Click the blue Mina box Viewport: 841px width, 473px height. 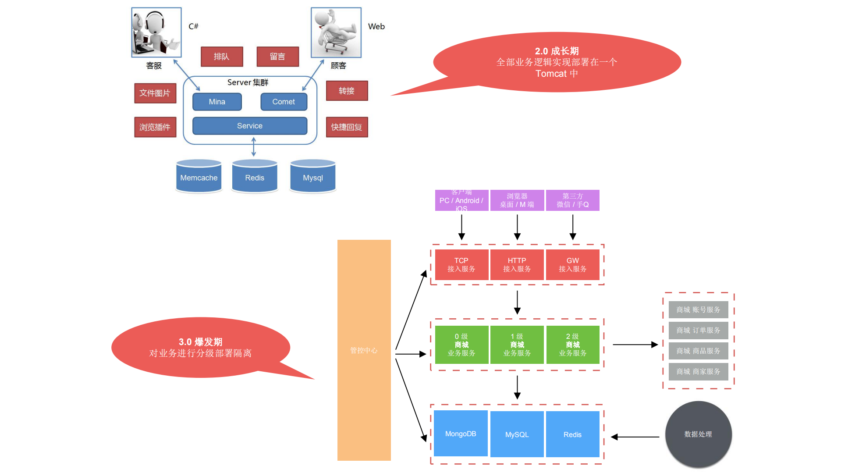pos(217,102)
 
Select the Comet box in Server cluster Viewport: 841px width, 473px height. pos(284,102)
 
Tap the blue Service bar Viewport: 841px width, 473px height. pos(249,126)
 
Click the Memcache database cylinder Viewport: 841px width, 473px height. pos(199,177)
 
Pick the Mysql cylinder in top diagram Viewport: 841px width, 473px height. pos(312,177)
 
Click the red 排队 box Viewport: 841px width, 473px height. pos(222,57)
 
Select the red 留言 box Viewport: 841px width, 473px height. pos(277,57)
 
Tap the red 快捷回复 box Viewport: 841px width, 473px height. pos(347,127)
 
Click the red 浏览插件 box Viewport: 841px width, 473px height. pos(155,127)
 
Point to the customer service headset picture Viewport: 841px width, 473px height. pos(156,32)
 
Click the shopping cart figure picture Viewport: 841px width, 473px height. pos(336,32)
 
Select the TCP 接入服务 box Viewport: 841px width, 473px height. pos(461,265)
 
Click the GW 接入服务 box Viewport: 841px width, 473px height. pos(572,265)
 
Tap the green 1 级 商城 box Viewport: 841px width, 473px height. pos(517,345)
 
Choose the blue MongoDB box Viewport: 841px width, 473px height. pos(461,434)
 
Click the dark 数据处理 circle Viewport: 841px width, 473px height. pos(698,434)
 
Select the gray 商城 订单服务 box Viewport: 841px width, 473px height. pos(698,330)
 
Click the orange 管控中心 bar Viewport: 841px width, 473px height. pos(364,350)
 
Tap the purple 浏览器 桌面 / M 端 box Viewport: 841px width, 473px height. pos(517,200)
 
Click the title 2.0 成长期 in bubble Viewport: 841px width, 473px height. pos(557,51)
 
